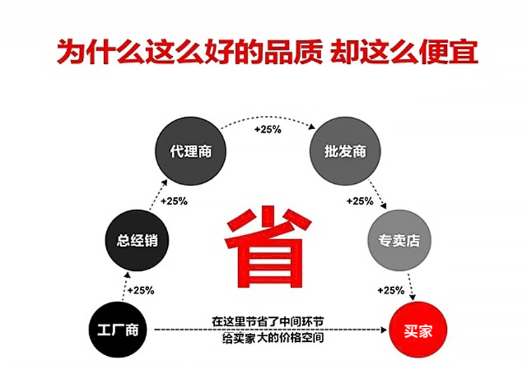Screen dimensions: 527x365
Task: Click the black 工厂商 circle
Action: tap(117, 331)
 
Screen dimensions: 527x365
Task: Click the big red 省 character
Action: tap(268, 239)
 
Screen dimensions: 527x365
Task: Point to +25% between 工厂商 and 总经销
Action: tap(140, 290)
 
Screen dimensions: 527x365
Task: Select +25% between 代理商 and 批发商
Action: tap(268, 130)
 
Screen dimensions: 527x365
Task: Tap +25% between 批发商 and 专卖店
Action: tap(360, 201)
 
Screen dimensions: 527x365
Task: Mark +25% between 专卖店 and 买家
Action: tap(390, 290)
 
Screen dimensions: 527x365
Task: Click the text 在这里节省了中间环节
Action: tap(268, 321)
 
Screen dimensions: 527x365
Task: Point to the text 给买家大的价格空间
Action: tap(268, 338)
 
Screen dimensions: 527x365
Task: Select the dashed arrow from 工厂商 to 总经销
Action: tap(126, 287)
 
